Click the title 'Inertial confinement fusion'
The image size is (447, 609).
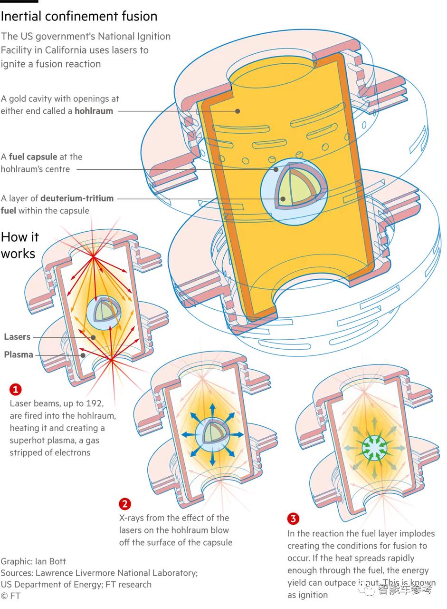click(x=79, y=16)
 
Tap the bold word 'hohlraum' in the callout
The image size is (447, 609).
click(x=94, y=111)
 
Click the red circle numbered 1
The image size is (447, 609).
click(x=16, y=389)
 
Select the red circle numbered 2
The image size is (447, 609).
click(x=125, y=504)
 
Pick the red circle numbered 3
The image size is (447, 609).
click(x=293, y=519)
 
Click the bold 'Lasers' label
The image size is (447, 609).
click(x=17, y=337)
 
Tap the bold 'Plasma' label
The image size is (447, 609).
click(x=19, y=354)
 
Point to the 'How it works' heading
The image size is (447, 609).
click(x=19, y=245)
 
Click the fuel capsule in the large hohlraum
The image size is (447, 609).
click(x=294, y=192)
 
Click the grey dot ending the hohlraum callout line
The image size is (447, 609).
click(x=238, y=111)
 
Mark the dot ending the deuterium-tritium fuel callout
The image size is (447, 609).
click(x=283, y=199)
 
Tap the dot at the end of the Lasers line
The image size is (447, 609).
click(x=93, y=337)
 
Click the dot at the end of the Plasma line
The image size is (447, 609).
click(x=83, y=355)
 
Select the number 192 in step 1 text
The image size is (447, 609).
click(x=94, y=403)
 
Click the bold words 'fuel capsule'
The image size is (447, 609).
click(x=33, y=157)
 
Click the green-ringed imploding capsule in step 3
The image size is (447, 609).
click(x=374, y=448)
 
